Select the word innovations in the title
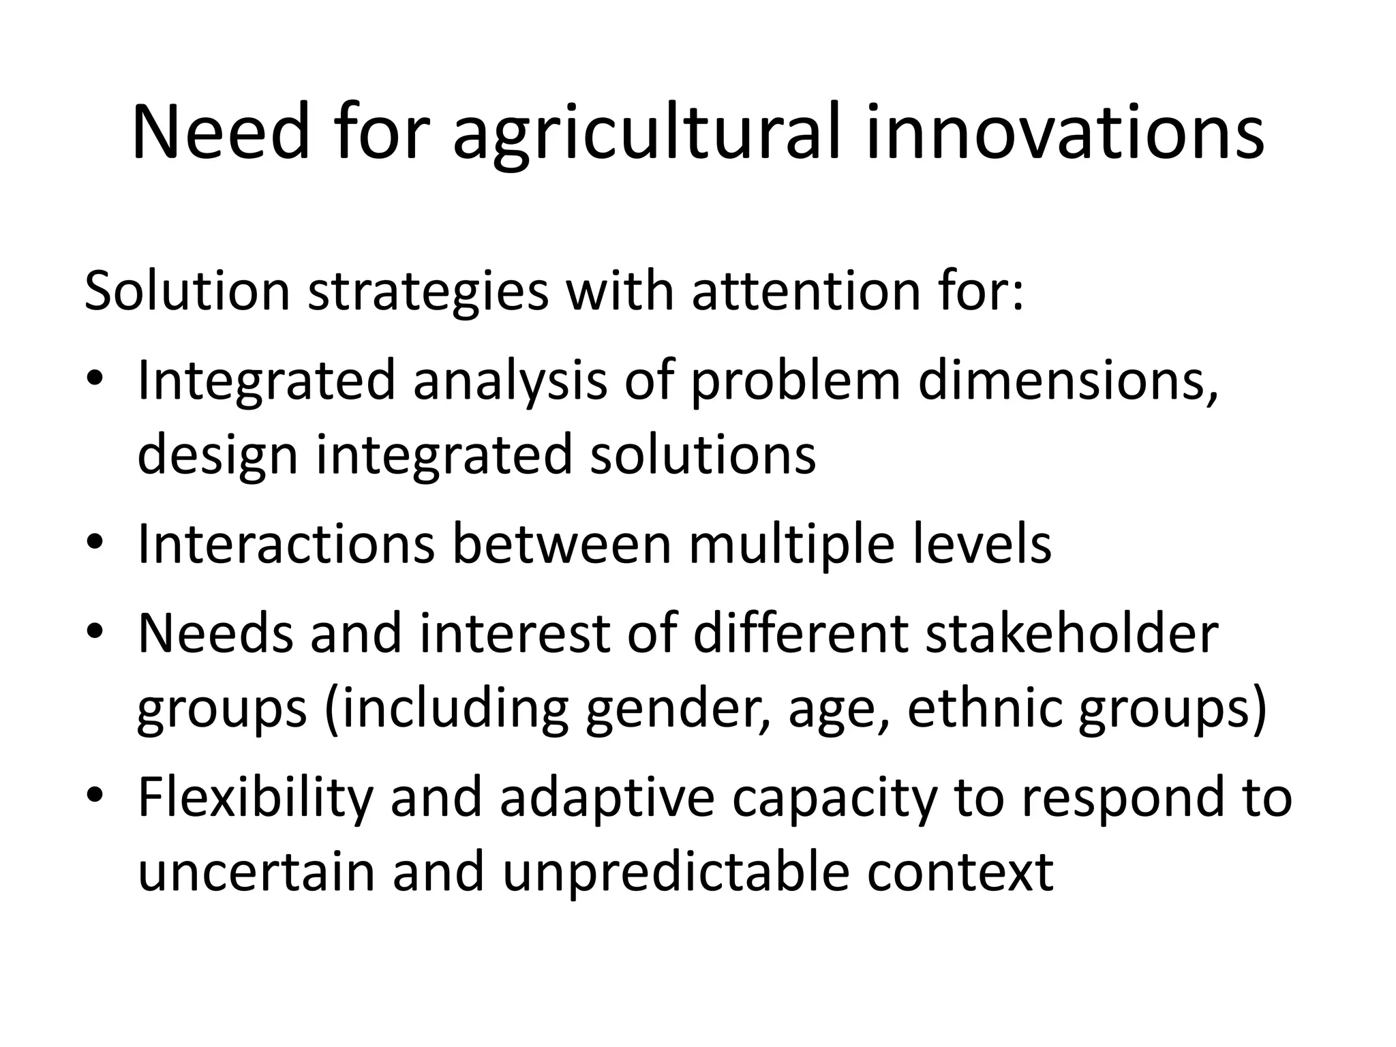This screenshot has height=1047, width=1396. point(1065,132)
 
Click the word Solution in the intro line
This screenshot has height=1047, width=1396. point(187,291)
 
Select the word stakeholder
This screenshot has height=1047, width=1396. point(1072,634)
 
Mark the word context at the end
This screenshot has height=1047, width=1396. point(960,873)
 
